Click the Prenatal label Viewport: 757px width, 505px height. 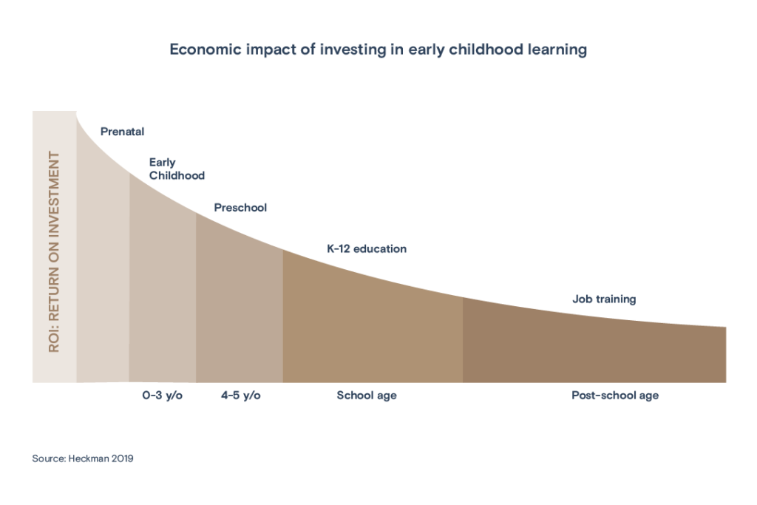tap(123, 132)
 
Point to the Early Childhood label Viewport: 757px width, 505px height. tap(177, 169)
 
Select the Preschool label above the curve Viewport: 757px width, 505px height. tap(240, 208)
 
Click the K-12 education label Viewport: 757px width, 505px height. tap(367, 249)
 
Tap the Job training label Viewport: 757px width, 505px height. tap(604, 299)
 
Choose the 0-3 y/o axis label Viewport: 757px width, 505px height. tap(163, 396)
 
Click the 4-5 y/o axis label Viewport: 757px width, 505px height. tap(240, 396)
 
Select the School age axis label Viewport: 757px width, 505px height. tap(367, 396)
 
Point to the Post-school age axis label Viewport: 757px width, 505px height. tap(615, 396)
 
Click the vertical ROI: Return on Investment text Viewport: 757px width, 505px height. tap(54, 251)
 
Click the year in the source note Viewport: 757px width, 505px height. tap(123, 458)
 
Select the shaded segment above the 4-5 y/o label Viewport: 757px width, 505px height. tap(239, 311)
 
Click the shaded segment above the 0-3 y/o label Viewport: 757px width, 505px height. tap(163, 296)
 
